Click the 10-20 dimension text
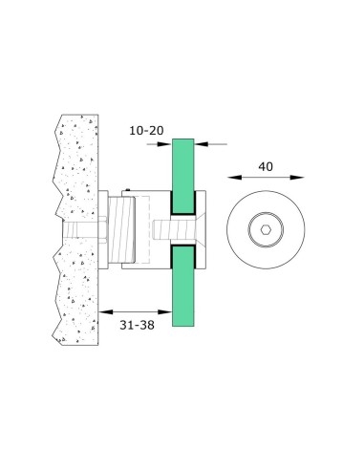pos(146,129)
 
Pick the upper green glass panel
pos(183,172)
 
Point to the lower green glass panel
pos(183,296)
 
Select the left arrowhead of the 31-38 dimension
pos(103,310)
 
